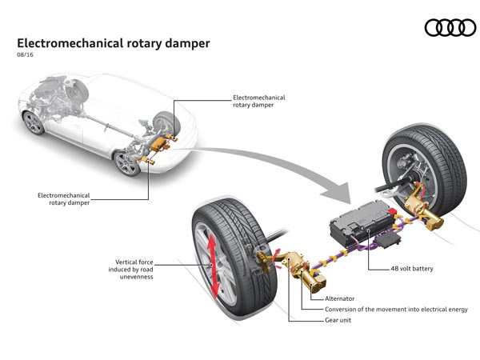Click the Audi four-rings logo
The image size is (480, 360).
click(x=450, y=29)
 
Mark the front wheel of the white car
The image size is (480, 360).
click(x=34, y=122)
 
